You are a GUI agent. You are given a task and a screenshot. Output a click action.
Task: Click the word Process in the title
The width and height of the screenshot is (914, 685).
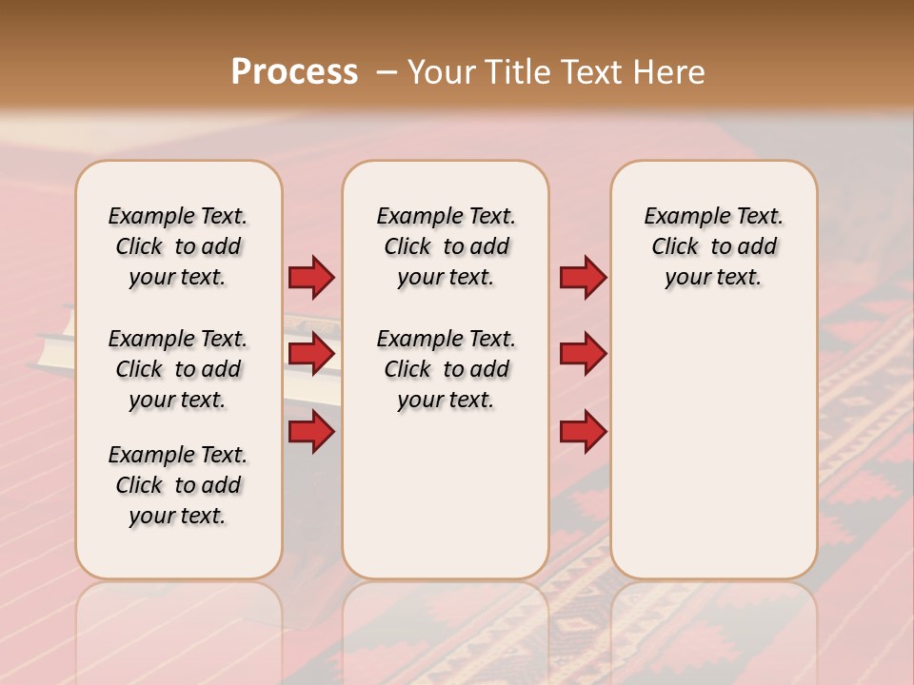click(x=294, y=72)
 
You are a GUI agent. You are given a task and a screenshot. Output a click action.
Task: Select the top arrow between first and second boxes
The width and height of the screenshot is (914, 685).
click(x=311, y=278)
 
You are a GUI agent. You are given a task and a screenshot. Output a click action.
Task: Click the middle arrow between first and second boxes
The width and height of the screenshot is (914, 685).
click(x=311, y=354)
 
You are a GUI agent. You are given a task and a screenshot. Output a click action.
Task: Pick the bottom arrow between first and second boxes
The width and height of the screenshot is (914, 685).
click(x=311, y=432)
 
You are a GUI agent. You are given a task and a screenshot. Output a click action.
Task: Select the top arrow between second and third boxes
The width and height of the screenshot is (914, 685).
click(x=583, y=278)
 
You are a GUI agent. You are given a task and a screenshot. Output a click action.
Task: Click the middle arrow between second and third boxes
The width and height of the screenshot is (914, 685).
click(x=583, y=354)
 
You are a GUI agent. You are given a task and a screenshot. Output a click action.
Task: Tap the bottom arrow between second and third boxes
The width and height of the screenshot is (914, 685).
click(x=583, y=432)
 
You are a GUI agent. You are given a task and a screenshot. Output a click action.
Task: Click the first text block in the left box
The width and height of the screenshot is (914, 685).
click(x=178, y=246)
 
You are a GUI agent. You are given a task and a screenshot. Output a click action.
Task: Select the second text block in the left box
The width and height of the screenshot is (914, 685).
click(x=178, y=369)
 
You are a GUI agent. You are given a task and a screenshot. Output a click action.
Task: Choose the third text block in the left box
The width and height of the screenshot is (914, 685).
click(x=178, y=485)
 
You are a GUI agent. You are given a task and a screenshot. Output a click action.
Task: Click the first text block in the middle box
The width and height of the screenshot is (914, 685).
click(x=446, y=246)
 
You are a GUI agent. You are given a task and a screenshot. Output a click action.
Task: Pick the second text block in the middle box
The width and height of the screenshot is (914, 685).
click(x=446, y=369)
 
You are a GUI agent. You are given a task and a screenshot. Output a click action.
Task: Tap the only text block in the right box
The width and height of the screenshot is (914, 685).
click(x=713, y=246)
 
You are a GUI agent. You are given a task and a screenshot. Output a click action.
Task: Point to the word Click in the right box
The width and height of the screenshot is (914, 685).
click(x=675, y=247)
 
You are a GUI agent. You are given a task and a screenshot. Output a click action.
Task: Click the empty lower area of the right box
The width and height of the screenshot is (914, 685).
click(x=713, y=447)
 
